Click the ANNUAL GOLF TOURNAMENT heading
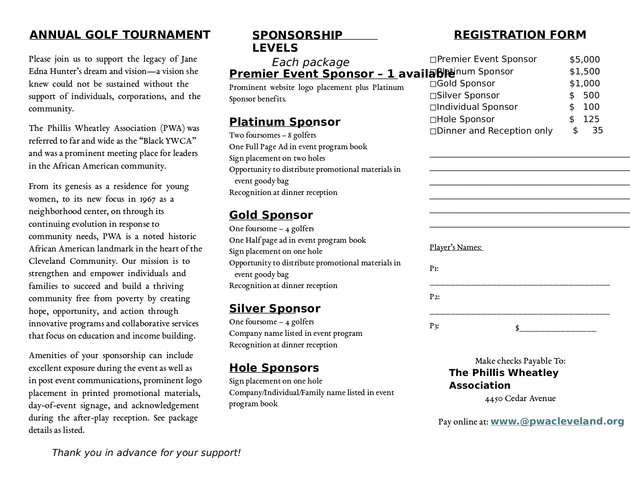tap(120, 35)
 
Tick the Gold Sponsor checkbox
tap(433, 84)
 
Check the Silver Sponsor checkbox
tap(433, 96)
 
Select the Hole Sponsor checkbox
tap(433, 120)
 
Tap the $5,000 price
tap(584, 60)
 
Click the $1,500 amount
tap(584, 72)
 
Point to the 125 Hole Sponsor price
tap(591, 119)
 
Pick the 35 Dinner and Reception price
tap(597, 131)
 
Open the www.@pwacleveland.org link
tap(557, 421)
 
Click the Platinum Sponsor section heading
tap(284, 122)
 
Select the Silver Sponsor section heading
tap(274, 309)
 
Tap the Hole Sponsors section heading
tap(274, 368)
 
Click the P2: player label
tap(434, 297)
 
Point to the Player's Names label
tap(456, 247)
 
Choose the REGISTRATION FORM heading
tap(520, 35)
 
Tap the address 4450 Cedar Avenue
tap(520, 399)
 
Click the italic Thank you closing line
tap(146, 453)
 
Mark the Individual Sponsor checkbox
tap(433, 107)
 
